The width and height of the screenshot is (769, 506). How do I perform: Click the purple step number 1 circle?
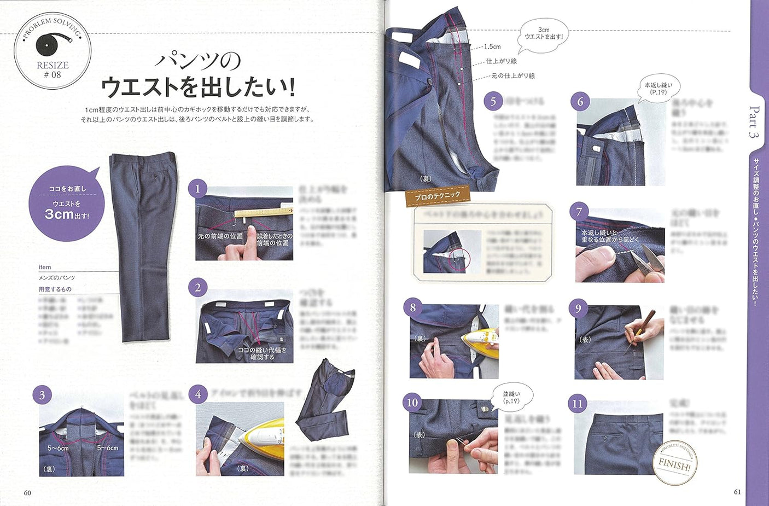[197, 189]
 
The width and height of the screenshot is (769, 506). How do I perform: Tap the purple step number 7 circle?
[579, 212]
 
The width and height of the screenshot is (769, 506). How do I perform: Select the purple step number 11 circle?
[578, 404]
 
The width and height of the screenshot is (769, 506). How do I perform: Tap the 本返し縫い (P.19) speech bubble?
[658, 88]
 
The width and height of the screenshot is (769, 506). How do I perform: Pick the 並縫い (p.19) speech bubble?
[511, 397]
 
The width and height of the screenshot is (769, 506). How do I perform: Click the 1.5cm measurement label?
[492, 47]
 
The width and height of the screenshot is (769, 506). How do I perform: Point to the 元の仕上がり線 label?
[512, 76]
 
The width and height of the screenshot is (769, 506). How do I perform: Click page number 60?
[27, 492]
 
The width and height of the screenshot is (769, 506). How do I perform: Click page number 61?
[737, 492]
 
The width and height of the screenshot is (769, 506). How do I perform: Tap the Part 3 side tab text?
[754, 121]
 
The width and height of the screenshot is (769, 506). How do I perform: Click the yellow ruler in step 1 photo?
[263, 212]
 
